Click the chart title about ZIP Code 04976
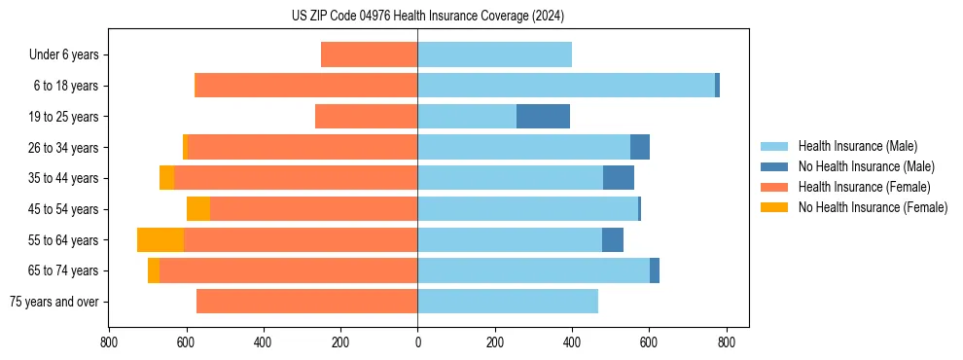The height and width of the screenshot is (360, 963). point(427,17)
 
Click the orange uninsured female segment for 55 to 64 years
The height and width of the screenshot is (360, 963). point(160,240)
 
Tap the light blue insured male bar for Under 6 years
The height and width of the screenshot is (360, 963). point(494,55)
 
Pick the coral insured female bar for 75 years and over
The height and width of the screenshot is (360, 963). point(306,302)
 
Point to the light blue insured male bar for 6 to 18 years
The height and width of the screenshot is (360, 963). point(566,86)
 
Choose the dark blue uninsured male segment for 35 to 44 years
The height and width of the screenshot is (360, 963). point(619,178)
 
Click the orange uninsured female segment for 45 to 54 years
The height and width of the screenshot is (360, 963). point(198,209)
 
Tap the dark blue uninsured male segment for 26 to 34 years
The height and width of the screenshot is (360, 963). point(640,148)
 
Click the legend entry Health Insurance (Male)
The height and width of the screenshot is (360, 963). point(857,146)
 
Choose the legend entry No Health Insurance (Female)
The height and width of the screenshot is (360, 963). point(872,207)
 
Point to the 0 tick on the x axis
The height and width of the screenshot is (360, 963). point(417,342)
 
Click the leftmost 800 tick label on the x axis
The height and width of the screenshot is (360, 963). point(108,342)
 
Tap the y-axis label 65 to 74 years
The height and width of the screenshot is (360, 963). point(63,270)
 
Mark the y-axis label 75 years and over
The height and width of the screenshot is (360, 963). point(54,302)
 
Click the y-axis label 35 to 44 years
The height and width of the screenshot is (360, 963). point(63,178)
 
